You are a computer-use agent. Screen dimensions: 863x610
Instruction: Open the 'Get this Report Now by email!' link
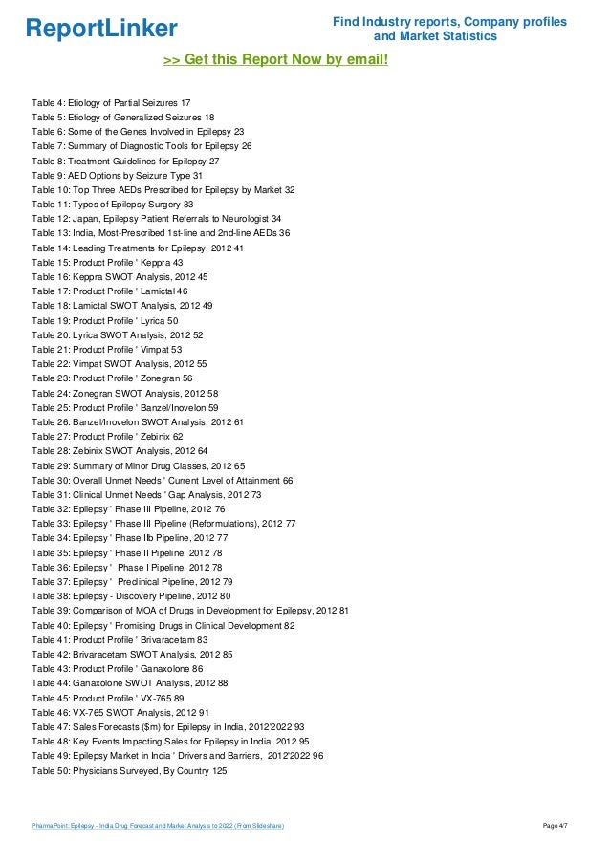(276, 60)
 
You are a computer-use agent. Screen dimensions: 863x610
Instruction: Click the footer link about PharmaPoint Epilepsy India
(157, 824)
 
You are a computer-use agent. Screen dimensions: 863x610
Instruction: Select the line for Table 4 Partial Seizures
(110, 102)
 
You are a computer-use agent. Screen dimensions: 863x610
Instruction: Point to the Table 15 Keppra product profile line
(107, 263)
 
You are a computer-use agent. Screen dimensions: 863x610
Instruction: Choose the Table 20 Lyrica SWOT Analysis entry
(117, 335)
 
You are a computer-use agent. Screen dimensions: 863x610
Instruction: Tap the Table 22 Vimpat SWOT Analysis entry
(119, 364)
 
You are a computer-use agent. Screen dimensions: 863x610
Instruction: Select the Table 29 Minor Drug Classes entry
(138, 465)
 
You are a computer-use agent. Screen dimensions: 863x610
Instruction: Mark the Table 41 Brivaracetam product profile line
(120, 640)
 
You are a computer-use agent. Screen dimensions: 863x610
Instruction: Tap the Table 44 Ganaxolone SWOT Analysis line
(129, 683)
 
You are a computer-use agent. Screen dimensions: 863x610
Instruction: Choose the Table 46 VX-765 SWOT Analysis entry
(120, 713)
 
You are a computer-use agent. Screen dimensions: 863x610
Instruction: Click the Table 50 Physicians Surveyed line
(129, 771)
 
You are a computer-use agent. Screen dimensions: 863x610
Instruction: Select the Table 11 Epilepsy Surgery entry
(113, 205)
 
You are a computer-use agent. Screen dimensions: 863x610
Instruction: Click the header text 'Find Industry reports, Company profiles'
(448, 21)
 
